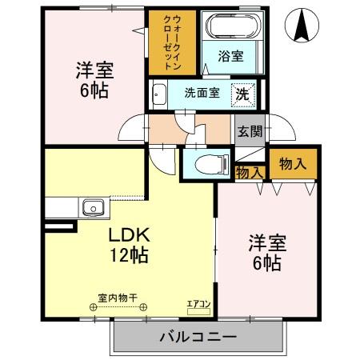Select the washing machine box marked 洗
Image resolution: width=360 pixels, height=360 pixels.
click(x=243, y=93)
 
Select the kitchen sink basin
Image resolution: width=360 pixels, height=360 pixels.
click(x=93, y=209)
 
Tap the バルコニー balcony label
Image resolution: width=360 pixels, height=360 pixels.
click(x=198, y=337)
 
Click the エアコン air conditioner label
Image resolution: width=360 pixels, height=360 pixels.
click(x=198, y=304)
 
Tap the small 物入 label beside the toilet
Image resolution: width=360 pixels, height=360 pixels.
click(x=249, y=172)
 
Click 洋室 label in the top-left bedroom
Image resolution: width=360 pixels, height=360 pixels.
click(x=94, y=68)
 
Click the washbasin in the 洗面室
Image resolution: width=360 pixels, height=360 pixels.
click(x=158, y=92)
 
